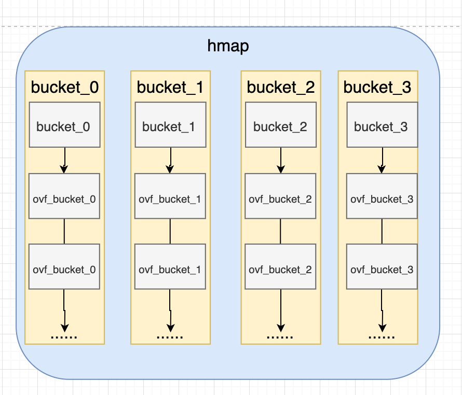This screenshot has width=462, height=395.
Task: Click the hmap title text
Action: click(228, 46)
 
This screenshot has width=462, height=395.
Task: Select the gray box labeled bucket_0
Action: click(64, 125)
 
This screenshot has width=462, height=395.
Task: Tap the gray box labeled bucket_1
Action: click(170, 125)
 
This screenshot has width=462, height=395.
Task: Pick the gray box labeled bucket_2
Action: click(281, 125)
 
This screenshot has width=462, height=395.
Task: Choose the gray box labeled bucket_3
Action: click(382, 125)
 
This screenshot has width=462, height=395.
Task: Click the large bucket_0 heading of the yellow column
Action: click(65, 88)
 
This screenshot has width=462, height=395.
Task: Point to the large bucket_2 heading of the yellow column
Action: click(281, 88)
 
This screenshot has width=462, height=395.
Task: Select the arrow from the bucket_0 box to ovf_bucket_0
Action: click(64, 160)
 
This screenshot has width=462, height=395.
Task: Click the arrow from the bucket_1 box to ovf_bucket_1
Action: click(170, 160)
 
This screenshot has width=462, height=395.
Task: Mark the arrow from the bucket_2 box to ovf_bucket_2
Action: click(281, 160)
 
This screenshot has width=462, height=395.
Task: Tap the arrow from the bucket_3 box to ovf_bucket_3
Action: click(382, 160)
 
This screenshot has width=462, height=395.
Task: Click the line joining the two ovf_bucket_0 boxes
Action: click(64, 231)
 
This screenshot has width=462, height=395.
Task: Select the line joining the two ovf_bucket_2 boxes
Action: click(280, 231)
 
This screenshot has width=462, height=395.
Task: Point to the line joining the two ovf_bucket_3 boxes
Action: click(382, 231)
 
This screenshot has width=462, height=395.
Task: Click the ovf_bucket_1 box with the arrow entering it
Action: click(170, 196)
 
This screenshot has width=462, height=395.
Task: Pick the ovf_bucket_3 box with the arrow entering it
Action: click(382, 196)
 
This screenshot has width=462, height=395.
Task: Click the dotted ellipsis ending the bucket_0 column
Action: click(64, 337)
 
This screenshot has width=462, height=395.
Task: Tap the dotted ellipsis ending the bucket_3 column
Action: click(382, 337)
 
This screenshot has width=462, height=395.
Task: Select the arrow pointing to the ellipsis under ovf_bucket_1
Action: click(170, 311)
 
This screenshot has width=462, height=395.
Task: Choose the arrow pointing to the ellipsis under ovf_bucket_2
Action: click(281, 311)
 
